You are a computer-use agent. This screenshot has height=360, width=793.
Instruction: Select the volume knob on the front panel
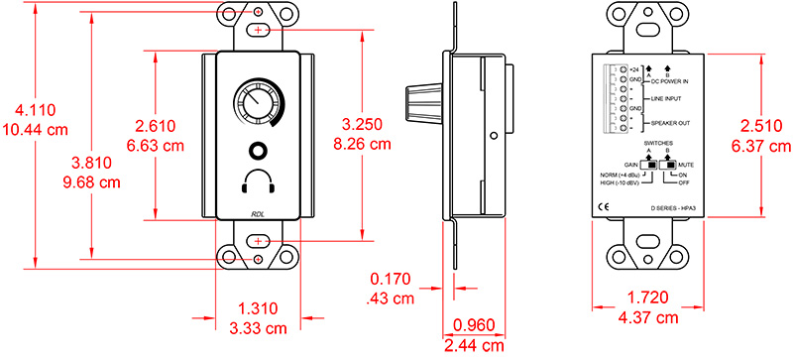tap(257, 104)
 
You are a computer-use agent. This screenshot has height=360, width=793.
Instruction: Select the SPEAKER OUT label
tap(670, 123)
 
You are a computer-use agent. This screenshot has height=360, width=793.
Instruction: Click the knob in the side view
tap(424, 102)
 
